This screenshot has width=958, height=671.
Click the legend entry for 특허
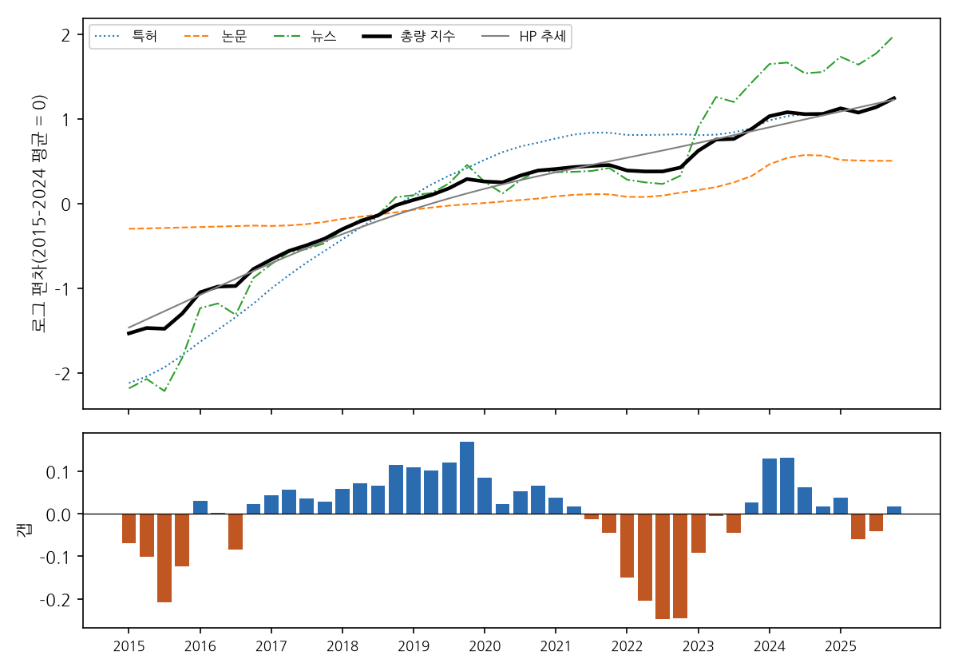126,37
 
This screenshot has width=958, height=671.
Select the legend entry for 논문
216,37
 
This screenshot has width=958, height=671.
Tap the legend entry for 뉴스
305,37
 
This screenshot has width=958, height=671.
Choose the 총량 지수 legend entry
409,37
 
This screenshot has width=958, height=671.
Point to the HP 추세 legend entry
524,37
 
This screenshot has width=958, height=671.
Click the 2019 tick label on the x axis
414,646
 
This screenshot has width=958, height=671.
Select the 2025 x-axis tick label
841,646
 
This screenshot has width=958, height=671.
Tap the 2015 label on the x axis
129,646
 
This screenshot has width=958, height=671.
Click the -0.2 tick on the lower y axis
56,601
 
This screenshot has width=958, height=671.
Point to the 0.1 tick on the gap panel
58,472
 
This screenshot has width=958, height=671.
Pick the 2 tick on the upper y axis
65,35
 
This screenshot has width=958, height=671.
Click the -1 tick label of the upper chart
63,290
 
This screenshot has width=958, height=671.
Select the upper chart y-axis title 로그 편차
39,213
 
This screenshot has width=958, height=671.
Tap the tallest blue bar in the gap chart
467,478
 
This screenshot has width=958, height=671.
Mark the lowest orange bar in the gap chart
663,566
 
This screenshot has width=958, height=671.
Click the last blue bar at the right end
894,510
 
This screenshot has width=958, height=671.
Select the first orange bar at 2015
129,529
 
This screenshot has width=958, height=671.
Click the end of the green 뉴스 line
893,38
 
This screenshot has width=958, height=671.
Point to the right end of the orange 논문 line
893,161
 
